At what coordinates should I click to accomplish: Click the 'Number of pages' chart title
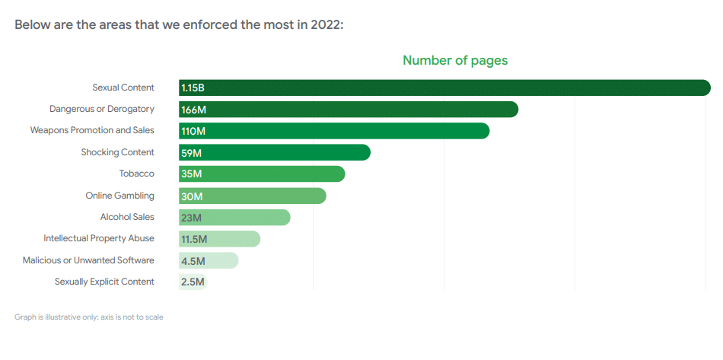click(454, 60)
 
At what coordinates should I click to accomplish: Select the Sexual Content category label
click(123, 88)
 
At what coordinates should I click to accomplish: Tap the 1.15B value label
click(193, 88)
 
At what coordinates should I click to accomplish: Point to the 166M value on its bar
click(193, 110)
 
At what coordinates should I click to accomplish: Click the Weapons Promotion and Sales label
click(92, 130)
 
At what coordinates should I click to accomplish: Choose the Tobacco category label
click(136, 174)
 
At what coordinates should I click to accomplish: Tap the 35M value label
click(192, 174)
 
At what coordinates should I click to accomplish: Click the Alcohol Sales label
click(127, 217)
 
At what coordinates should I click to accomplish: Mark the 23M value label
click(192, 218)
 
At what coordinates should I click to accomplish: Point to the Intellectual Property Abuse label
click(99, 238)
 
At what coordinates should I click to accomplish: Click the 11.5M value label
click(194, 239)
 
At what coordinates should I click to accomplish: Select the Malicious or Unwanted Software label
click(88, 260)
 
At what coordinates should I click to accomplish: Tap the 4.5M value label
click(193, 260)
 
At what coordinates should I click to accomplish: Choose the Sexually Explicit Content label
click(104, 282)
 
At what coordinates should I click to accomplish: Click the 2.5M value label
click(193, 282)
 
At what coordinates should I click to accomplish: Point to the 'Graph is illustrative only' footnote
click(89, 317)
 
